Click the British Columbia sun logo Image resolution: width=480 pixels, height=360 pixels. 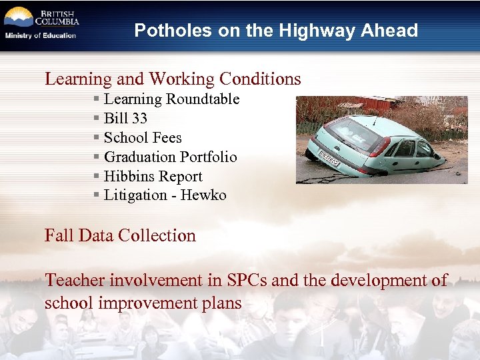click(18, 17)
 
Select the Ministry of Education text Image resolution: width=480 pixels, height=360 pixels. click(41, 35)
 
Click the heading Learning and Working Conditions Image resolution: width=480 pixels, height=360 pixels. click(173, 79)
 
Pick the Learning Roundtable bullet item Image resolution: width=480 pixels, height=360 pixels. click(171, 99)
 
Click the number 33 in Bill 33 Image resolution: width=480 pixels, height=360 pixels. click(139, 119)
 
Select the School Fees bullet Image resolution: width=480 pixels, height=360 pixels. click(143, 138)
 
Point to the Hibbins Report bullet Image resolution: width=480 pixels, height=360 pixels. click(153, 177)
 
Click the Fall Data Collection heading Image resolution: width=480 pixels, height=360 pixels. click(120, 235)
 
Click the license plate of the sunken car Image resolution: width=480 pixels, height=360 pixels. click(329, 159)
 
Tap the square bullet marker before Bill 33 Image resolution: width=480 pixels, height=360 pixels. click(97, 119)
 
